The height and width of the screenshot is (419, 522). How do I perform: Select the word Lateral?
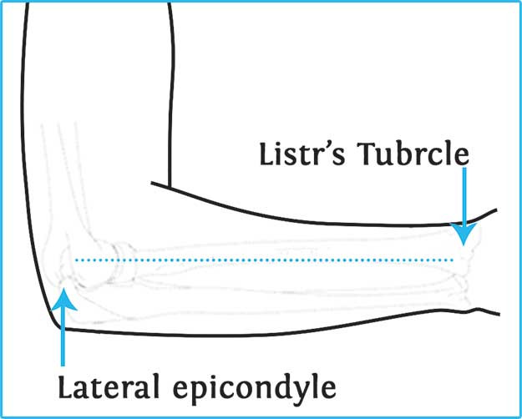(112, 387)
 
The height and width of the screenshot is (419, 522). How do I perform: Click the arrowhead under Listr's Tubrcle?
(464, 235)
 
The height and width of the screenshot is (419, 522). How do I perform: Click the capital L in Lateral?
(64, 387)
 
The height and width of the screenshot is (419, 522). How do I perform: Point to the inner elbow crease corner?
(170, 186)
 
